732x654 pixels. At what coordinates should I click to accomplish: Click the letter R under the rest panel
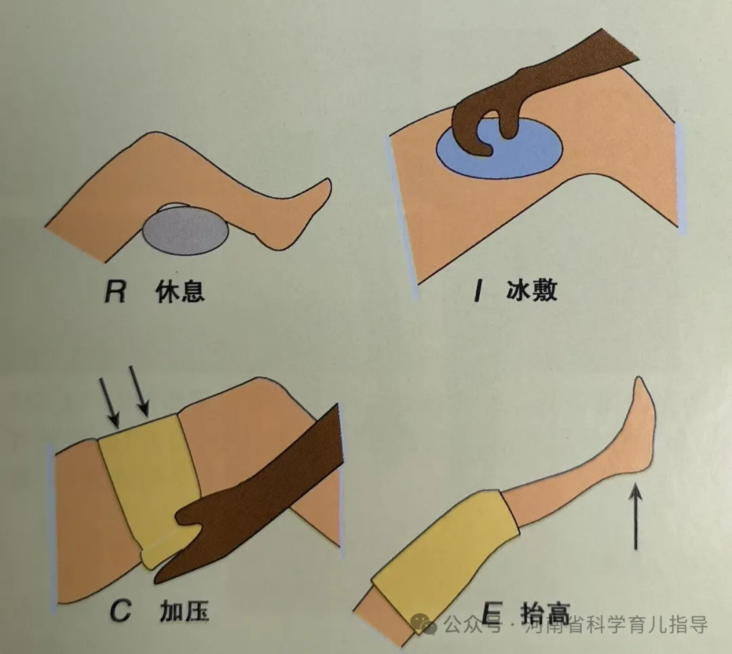pyautogui.click(x=115, y=291)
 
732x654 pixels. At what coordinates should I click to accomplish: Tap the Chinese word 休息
pyautogui.click(x=180, y=291)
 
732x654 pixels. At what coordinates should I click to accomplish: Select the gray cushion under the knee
pyautogui.click(x=185, y=230)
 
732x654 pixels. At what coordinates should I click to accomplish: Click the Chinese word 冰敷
pyautogui.click(x=532, y=290)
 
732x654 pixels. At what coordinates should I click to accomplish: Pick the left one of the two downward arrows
pyautogui.click(x=108, y=403)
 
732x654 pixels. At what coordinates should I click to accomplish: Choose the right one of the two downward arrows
pyautogui.click(x=139, y=391)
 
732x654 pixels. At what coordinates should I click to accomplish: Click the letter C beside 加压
pyautogui.click(x=121, y=611)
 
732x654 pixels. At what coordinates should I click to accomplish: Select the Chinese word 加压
pyautogui.click(x=184, y=611)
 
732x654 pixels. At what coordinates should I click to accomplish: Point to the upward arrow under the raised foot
pyautogui.click(x=635, y=516)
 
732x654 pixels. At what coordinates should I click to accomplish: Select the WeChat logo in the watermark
pyautogui.click(x=424, y=624)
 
